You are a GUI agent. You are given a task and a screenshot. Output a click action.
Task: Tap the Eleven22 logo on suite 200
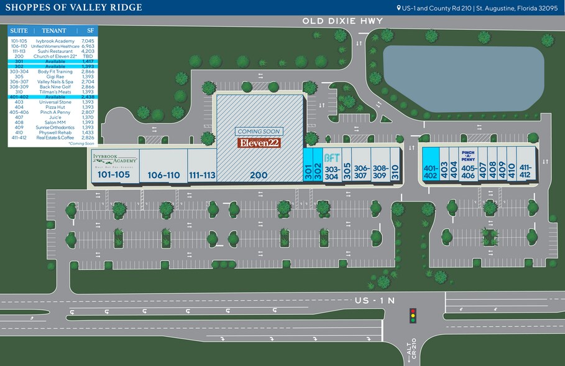[x=259, y=143]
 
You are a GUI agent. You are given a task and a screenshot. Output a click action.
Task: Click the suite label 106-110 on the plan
[x=163, y=176]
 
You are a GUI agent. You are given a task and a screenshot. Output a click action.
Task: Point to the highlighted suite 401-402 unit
[x=431, y=164]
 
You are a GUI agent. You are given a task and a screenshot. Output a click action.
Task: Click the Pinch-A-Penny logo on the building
[x=469, y=155]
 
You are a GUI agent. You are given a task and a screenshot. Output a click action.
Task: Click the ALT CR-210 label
[x=410, y=353]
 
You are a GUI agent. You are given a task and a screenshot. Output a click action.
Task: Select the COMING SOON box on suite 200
[x=259, y=132]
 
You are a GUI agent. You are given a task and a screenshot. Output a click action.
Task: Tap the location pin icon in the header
[x=399, y=8]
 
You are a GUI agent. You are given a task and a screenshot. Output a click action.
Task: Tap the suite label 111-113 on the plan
[x=202, y=176]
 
